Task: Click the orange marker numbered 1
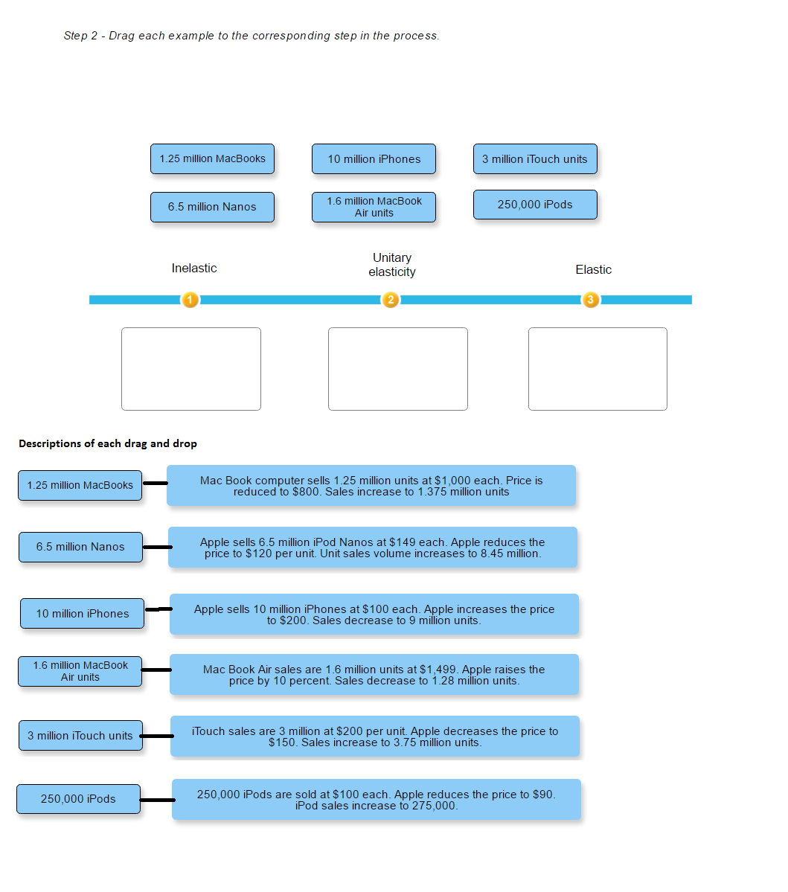click(x=190, y=300)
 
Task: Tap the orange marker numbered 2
click(x=391, y=300)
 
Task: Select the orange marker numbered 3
click(x=590, y=300)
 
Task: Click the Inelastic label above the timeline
click(x=194, y=269)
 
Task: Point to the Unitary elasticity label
click(x=392, y=265)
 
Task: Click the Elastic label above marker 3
click(x=593, y=270)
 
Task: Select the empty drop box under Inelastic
click(x=191, y=369)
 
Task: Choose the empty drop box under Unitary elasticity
click(x=398, y=369)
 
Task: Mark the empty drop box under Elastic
click(x=598, y=369)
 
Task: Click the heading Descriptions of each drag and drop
click(x=108, y=444)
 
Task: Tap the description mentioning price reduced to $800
click(x=371, y=486)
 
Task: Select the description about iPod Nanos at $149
click(x=373, y=548)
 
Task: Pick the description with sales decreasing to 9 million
click(x=374, y=615)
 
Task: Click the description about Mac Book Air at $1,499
click(x=374, y=675)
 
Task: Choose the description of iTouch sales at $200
click(x=375, y=737)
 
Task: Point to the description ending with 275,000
click(x=377, y=800)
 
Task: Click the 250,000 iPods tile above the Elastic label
click(x=535, y=205)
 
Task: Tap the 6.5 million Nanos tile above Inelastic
click(x=212, y=207)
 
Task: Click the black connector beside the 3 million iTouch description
click(x=156, y=736)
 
